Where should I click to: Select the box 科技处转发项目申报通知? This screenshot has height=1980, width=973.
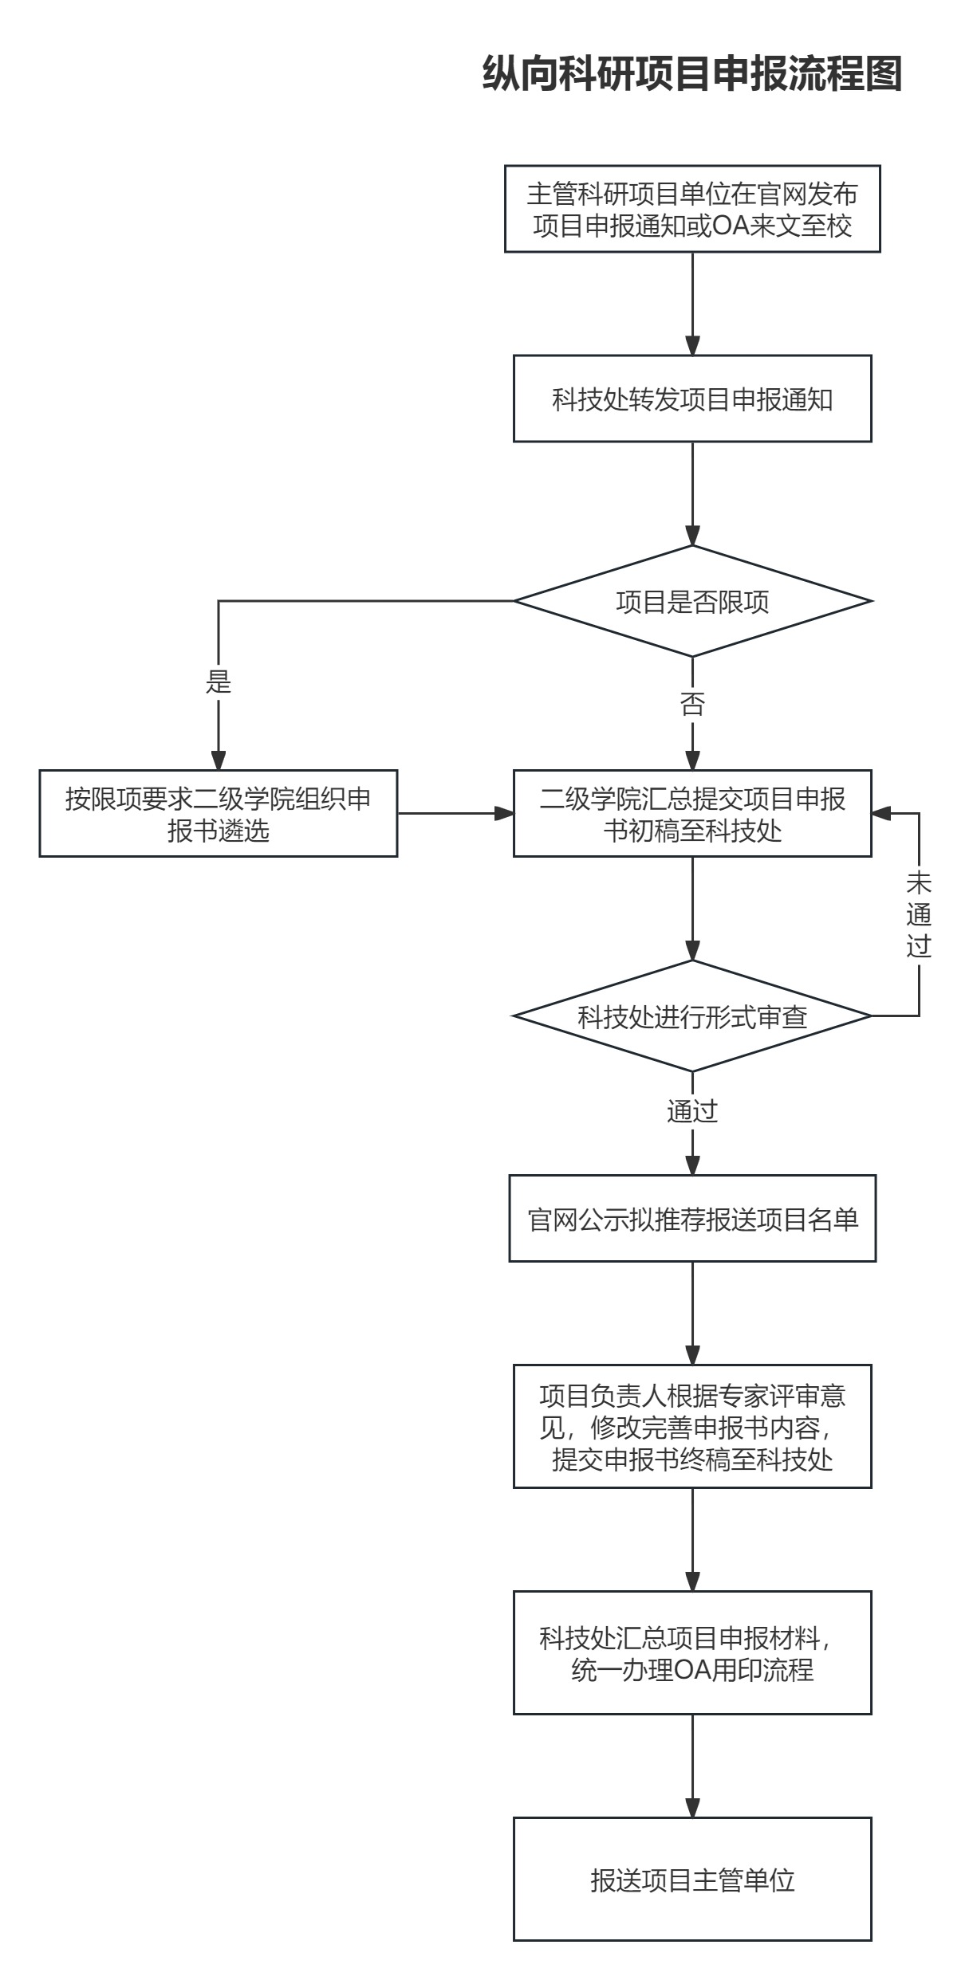(691, 399)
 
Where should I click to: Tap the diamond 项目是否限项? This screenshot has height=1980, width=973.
(691, 601)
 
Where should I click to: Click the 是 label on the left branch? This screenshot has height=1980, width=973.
(219, 682)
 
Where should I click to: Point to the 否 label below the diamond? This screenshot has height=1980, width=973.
(691, 704)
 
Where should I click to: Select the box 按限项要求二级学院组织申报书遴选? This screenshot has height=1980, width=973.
(219, 814)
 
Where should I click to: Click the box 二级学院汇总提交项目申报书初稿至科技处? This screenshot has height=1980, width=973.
(691, 814)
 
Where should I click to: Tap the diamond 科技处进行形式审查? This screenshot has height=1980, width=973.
(691, 1016)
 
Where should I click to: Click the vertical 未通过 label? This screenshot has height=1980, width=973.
(919, 915)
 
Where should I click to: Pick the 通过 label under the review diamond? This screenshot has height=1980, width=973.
(691, 1110)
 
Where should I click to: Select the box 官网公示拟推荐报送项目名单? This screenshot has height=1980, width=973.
(691, 1219)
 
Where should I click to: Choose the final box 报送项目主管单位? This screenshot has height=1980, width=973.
(691, 1880)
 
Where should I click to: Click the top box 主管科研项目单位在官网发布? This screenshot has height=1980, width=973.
(691, 209)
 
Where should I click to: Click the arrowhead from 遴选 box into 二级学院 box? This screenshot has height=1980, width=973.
(504, 814)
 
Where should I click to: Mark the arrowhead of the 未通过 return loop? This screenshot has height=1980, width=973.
(881, 814)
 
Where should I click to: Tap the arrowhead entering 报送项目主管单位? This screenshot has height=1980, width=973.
(691, 1808)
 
